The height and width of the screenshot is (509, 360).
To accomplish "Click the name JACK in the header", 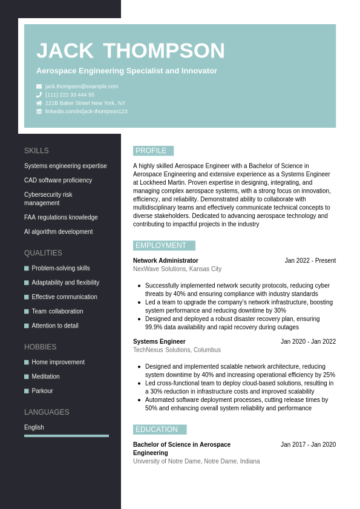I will tap(65, 51).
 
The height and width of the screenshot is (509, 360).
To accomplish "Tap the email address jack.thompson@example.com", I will tap(82, 87).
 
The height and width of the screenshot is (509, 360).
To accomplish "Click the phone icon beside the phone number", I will tap(39, 95).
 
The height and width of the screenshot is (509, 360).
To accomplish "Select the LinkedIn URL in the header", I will tap(86, 111).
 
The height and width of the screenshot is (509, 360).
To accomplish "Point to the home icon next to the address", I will tap(39, 103).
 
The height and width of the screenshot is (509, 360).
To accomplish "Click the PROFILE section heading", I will tap(151, 151).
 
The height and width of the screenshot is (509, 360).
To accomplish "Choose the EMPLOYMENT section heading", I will tap(161, 246).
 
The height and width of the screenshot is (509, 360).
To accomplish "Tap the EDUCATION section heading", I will tap(157, 430).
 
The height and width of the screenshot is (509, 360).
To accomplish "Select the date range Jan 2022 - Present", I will tap(310, 261).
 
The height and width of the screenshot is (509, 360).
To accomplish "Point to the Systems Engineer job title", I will tap(159, 341).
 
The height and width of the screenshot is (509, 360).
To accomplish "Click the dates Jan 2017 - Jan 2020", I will tap(308, 445).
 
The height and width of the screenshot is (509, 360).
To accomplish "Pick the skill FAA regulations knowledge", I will tap(61, 217).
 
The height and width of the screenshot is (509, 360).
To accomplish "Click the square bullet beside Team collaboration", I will tap(27, 311).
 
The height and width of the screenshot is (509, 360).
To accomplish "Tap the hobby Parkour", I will tap(42, 391).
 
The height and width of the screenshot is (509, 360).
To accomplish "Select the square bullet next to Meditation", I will tap(27, 376).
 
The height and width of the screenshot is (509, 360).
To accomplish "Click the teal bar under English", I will tap(67, 436).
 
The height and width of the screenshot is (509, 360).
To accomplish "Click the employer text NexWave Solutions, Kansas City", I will tap(177, 269).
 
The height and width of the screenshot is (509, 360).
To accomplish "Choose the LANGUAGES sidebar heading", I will tap(47, 412).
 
